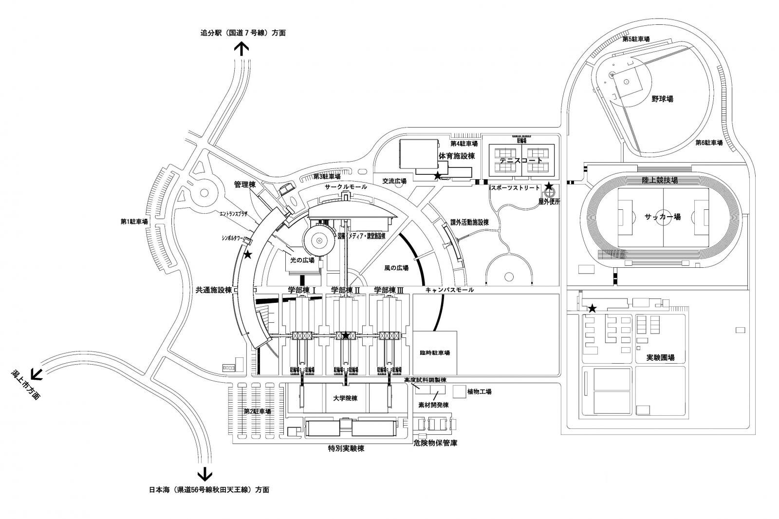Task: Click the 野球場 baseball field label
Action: point(662,99)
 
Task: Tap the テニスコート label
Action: point(520,160)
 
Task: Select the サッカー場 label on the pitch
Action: point(663,218)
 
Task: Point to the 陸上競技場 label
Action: point(660,180)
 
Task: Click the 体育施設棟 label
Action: point(456,156)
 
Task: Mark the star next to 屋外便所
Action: point(549,186)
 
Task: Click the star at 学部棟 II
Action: point(346,335)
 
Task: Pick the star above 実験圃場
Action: point(592,309)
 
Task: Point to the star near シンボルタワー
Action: point(248,255)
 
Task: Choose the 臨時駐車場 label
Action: point(435,353)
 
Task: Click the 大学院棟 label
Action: point(345,398)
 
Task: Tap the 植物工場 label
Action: point(479,391)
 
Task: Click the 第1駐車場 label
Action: point(134,222)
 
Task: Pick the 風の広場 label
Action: point(396,268)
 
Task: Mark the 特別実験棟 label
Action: point(346,448)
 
